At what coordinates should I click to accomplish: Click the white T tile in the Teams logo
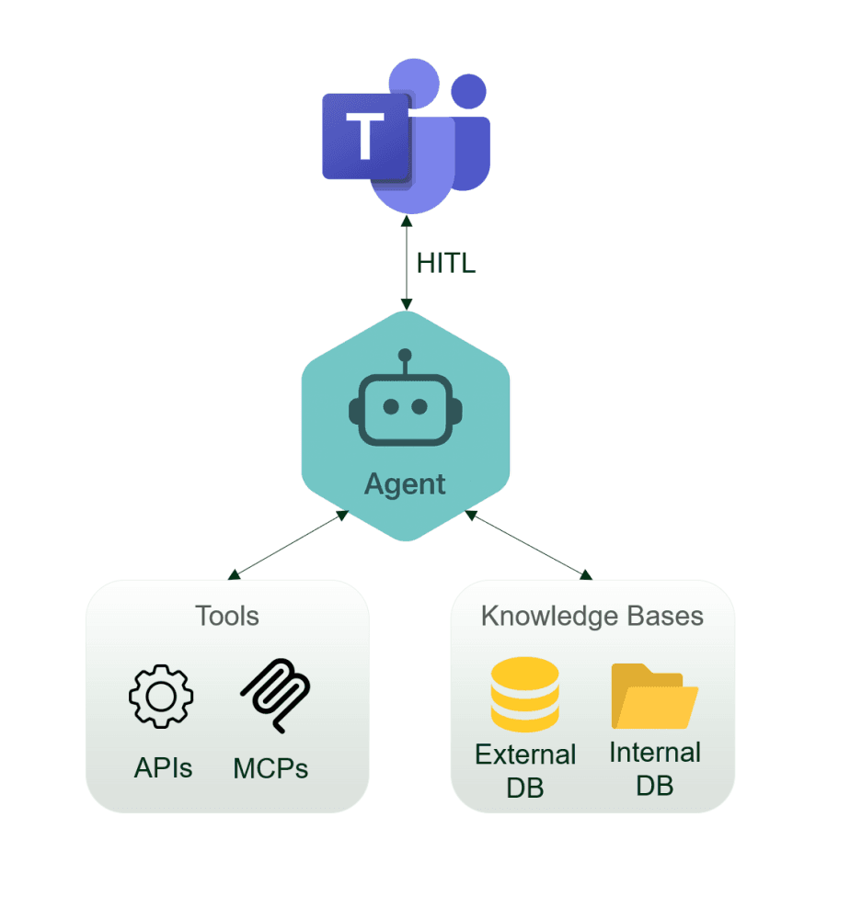point(365,137)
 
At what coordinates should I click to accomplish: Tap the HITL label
point(446,263)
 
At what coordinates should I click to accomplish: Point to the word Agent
point(405,483)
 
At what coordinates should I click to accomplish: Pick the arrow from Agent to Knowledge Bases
point(526,544)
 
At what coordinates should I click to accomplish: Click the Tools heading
point(227,615)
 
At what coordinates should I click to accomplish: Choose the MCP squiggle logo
point(275,696)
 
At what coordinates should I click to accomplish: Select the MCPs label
point(270,767)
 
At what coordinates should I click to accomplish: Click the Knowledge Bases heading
point(592,616)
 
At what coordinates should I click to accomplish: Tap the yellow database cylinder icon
point(524,697)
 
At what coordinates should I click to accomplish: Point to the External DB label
point(525,770)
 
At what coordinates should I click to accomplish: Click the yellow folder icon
point(654,696)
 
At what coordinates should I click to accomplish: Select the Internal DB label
point(655,768)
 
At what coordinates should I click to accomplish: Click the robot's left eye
point(391,405)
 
